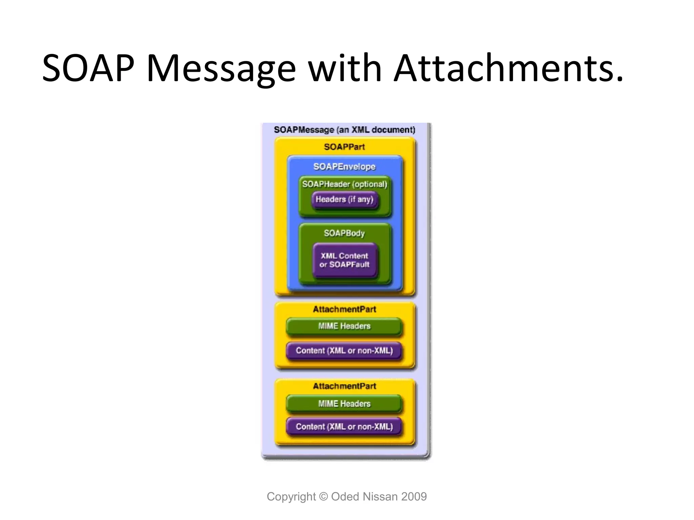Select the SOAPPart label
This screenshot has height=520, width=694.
344,147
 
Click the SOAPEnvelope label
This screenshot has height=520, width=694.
344,167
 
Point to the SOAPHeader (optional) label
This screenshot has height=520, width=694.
344,184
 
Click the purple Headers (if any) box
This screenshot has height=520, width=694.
344,199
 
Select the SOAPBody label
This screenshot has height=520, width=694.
344,233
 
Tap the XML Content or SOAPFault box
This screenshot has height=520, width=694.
344,260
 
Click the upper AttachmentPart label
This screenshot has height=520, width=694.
344,309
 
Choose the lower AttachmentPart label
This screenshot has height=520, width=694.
344,386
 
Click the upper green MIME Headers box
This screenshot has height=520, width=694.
344,326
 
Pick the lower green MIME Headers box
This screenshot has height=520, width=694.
344,404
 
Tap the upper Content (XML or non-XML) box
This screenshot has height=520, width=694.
344,350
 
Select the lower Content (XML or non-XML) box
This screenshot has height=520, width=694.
344,427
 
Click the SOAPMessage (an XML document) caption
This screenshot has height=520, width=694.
344,130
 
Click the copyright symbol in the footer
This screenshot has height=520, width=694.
324,497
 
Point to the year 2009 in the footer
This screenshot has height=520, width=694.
414,497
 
